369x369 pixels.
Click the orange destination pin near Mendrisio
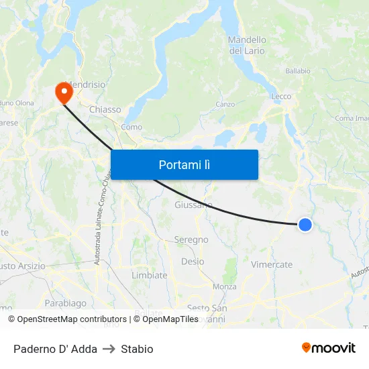click(x=64, y=93)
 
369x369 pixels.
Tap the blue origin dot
click(x=305, y=225)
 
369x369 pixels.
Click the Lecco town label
click(x=281, y=97)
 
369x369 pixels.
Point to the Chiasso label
click(x=105, y=109)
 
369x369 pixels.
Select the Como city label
click(x=131, y=127)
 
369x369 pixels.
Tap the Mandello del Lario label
click(x=247, y=45)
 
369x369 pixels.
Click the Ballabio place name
click(x=298, y=71)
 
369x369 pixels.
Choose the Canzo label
click(x=225, y=105)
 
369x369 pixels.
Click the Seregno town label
click(x=191, y=240)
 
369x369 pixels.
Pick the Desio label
click(x=193, y=262)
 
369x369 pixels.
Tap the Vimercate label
click(x=272, y=264)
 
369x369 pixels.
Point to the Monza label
click(x=224, y=286)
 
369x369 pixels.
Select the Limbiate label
click(x=150, y=275)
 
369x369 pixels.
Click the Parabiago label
click(x=66, y=303)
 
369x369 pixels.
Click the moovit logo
click(x=329, y=348)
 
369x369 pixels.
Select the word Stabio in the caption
click(x=138, y=349)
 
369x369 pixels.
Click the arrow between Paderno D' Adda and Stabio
click(x=109, y=349)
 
